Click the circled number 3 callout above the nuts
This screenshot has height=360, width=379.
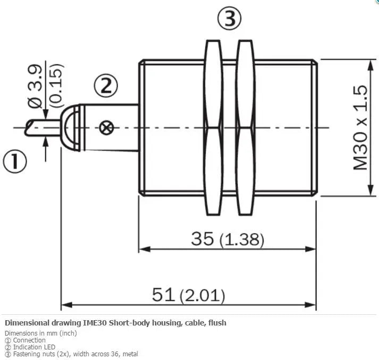[230, 19]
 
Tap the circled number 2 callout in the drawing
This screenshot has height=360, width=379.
[106, 86]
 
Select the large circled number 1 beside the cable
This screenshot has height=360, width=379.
[15, 161]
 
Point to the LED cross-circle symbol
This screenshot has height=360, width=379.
[106, 127]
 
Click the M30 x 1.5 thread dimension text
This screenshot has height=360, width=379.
[360, 127]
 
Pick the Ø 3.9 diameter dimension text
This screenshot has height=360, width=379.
[35, 86]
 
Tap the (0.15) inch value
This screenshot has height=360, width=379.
[56, 85]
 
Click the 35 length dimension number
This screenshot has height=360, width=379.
[203, 238]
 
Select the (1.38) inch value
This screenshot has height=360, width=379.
[242, 240]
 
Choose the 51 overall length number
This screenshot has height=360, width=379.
[163, 295]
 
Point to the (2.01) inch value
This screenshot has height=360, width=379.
[203, 296]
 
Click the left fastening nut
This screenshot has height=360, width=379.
[213, 127]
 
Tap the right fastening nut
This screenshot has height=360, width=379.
[246, 127]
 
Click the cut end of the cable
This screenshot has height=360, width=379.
[28, 127]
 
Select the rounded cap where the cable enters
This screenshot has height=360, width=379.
[70, 127]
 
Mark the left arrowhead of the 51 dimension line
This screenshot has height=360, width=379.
[66, 305]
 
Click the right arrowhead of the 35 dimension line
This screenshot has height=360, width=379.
[310, 249]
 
